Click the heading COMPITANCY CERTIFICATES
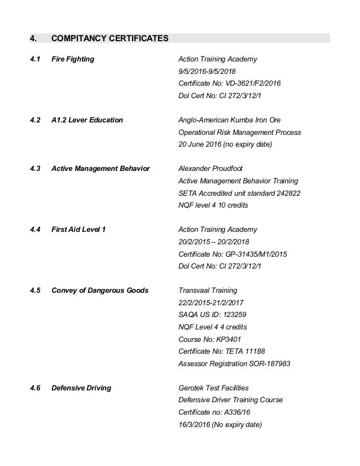click(x=109, y=39)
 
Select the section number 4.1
click(x=35, y=59)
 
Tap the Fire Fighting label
click(x=73, y=59)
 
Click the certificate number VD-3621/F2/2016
click(x=253, y=83)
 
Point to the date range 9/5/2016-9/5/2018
click(x=207, y=71)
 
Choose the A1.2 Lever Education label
click(x=87, y=120)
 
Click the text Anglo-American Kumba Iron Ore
click(x=229, y=120)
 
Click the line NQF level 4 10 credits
click(x=213, y=205)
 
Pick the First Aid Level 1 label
click(x=78, y=230)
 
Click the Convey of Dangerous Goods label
click(x=100, y=291)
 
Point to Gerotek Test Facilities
click(x=213, y=388)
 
